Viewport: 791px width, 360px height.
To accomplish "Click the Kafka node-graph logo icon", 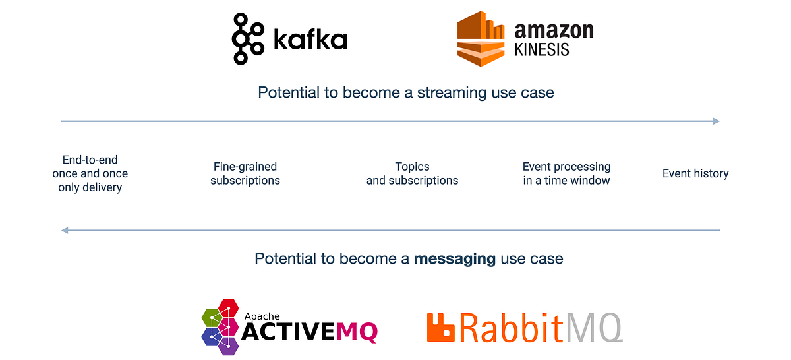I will point(241,39).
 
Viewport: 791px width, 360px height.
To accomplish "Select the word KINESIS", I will point(542,50).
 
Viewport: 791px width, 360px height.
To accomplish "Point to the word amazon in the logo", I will point(554,30).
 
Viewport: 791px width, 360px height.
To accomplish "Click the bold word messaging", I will point(455,258).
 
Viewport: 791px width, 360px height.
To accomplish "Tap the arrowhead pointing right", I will point(717,121).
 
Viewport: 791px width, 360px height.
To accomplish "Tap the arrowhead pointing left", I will point(64,231).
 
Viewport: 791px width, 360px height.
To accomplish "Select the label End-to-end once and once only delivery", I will point(90,173).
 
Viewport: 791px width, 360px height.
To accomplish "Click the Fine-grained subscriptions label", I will point(245,173).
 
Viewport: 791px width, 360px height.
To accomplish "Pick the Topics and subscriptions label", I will point(412,173).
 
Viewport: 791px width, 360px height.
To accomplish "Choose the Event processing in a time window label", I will point(567,173).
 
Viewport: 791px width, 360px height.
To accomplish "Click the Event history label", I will point(695,173).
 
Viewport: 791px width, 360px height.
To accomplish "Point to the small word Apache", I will point(262,316).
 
